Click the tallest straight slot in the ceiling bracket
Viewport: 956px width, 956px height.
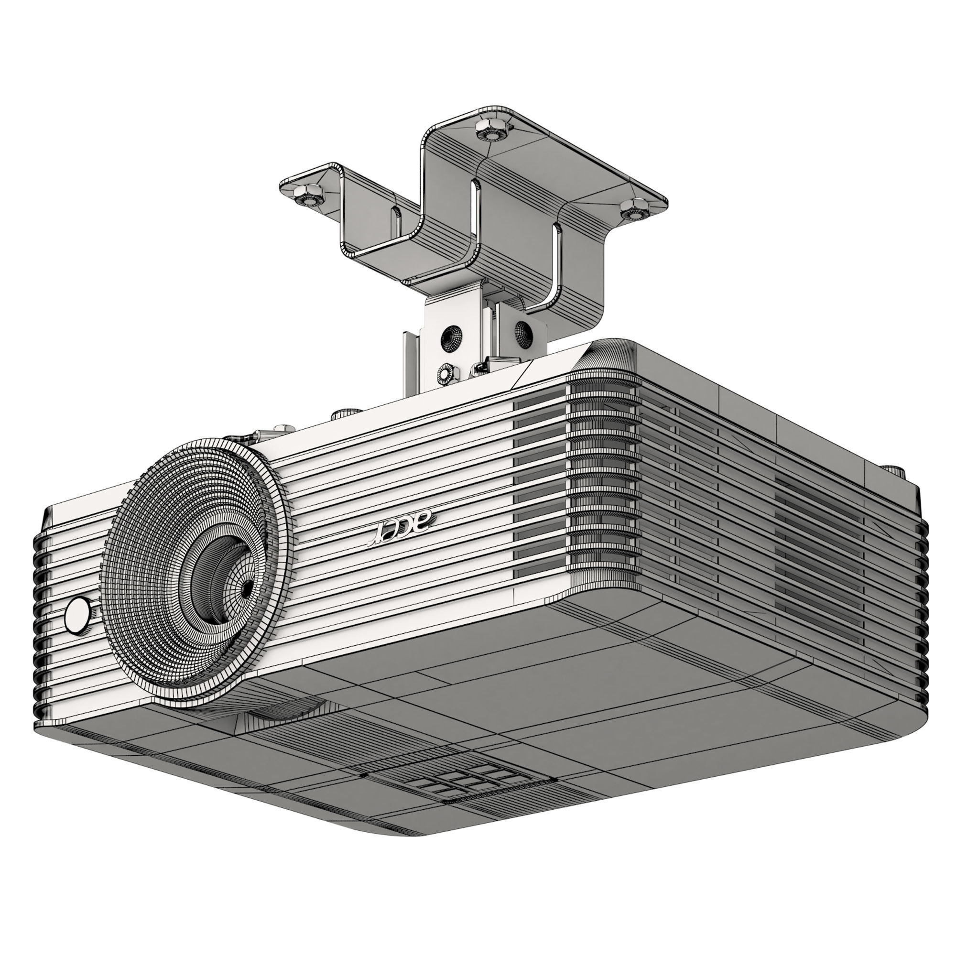click(476, 228)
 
